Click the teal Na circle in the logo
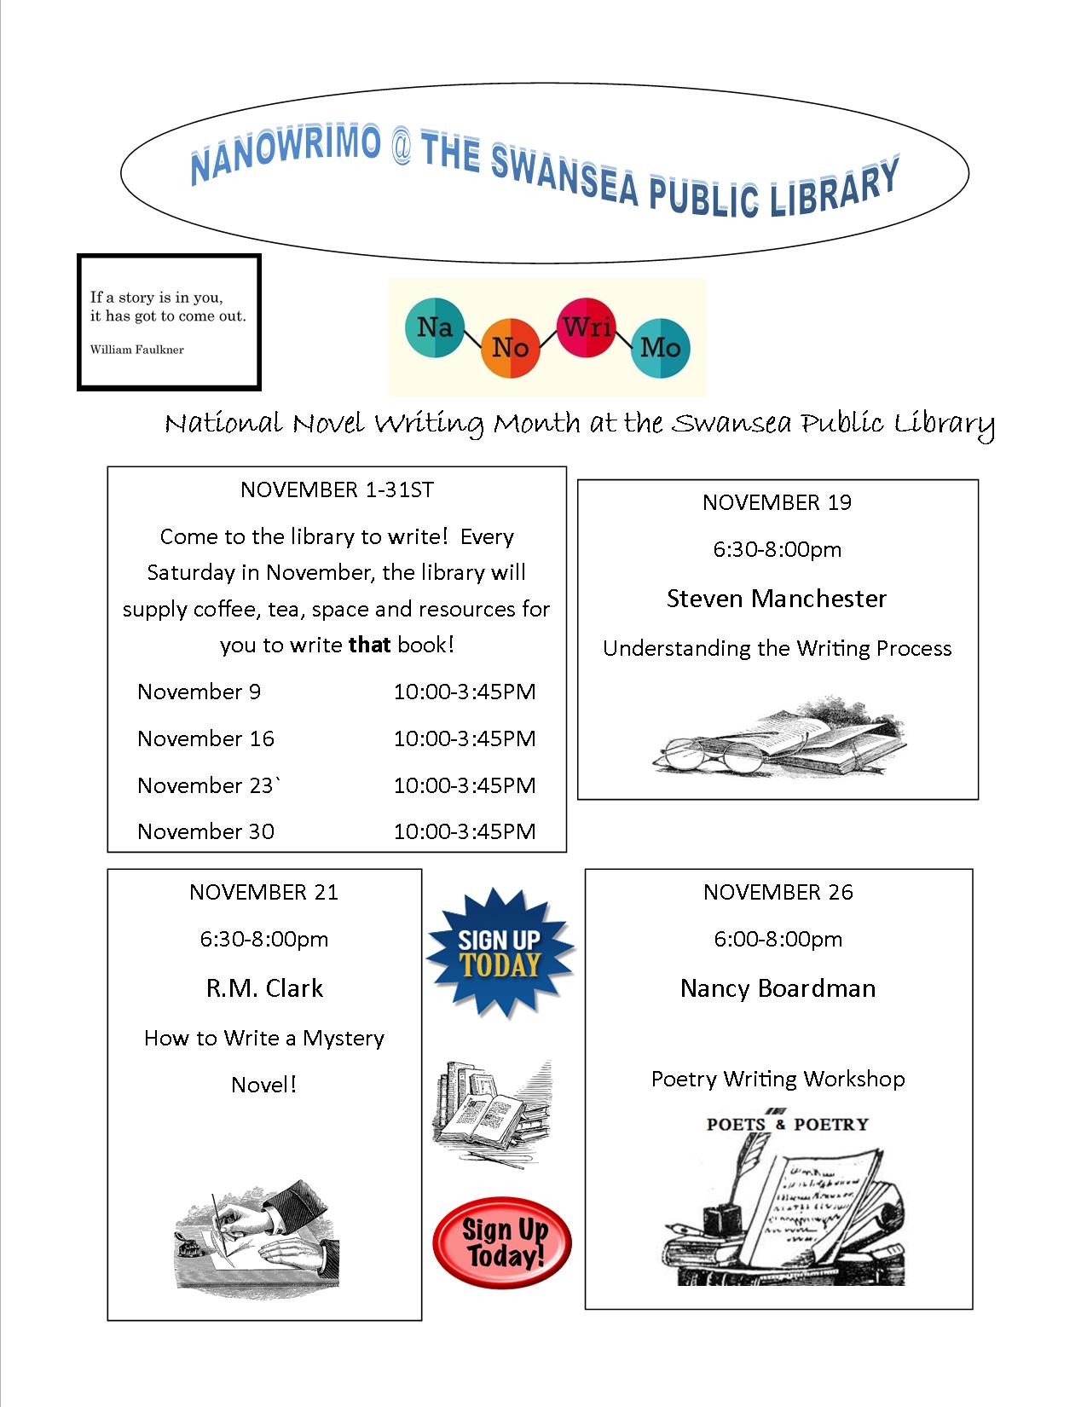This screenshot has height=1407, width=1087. pyautogui.click(x=435, y=327)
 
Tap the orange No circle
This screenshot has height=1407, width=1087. pyautogui.click(x=510, y=347)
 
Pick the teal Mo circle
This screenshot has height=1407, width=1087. pyautogui.click(x=660, y=347)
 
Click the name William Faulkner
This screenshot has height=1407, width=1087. pyautogui.click(x=136, y=350)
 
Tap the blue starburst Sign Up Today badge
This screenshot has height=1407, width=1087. pyautogui.click(x=500, y=952)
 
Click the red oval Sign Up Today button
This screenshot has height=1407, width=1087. pyautogui.click(x=502, y=1242)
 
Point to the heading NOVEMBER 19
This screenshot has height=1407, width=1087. pyautogui.click(x=777, y=502)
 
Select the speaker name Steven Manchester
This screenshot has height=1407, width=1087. pyautogui.click(x=777, y=599)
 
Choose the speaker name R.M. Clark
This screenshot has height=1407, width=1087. pyautogui.click(x=264, y=988)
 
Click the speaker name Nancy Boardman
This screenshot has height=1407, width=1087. pyautogui.click(x=778, y=988)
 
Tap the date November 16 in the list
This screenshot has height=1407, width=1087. pyautogui.click(x=205, y=738)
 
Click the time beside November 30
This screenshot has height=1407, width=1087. pyautogui.click(x=465, y=831)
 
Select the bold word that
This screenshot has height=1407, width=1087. pyautogui.click(x=370, y=645)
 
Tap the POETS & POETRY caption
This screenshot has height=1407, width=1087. pyautogui.click(x=787, y=1124)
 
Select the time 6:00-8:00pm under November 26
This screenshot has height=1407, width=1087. pyautogui.click(x=778, y=939)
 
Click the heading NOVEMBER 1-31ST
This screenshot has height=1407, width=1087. pyautogui.click(x=337, y=489)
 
